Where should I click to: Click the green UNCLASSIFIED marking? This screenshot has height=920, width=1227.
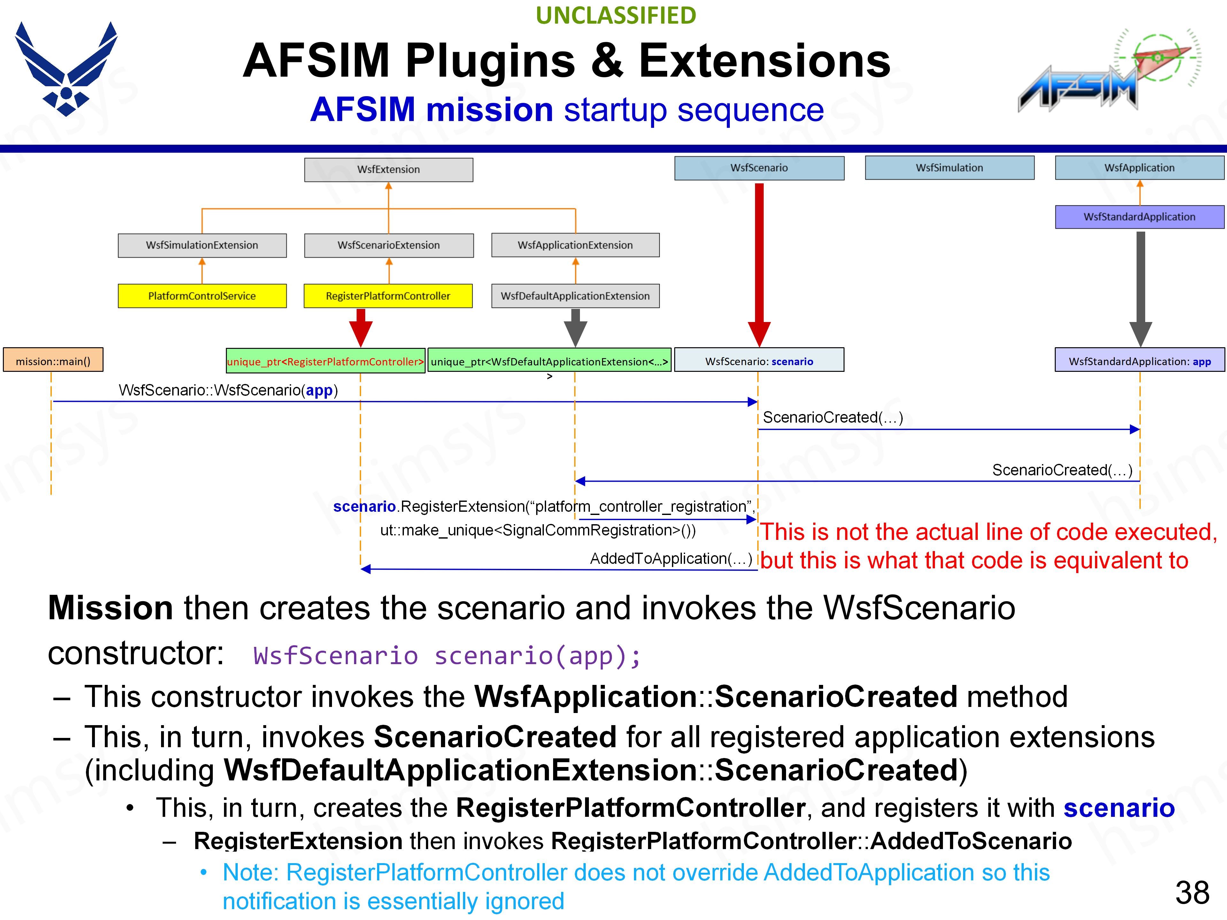(x=616, y=16)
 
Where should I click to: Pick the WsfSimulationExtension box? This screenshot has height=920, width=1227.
(x=202, y=245)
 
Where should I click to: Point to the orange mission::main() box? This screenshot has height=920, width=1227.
(x=53, y=361)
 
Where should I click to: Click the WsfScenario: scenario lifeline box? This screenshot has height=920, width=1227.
(x=759, y=361)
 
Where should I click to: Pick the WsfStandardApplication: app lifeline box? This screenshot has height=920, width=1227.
(x=1139, y=361)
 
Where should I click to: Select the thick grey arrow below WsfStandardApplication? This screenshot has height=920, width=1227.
(x=1140, y=283)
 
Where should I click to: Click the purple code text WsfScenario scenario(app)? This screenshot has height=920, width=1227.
(x=446, y=656)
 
